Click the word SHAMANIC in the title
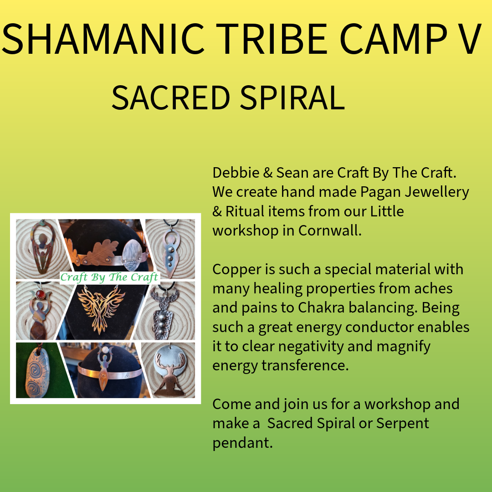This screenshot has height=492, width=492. (103, 39)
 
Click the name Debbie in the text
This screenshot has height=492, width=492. (236, 173)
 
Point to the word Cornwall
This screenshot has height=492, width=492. (330, 231)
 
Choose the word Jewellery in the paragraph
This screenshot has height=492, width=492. (437, 192)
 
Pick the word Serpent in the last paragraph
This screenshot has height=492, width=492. (402, 424)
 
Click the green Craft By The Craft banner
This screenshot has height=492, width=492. (110, 277)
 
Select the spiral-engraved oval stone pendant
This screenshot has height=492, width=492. (38, 373)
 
